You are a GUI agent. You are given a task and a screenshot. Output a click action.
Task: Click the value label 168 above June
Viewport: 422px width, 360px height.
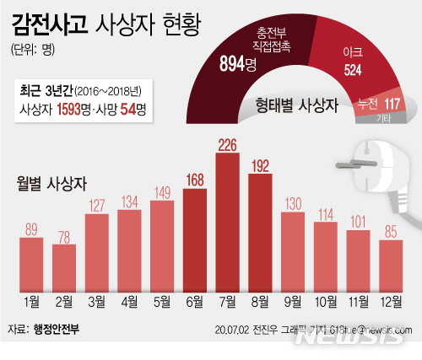click(x=196, y=180)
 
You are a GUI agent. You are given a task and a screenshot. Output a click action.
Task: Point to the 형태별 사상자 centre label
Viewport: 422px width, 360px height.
click(x=296, y=105)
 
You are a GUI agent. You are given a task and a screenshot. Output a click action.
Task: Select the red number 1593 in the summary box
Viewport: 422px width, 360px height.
click(x=78, y=108)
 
